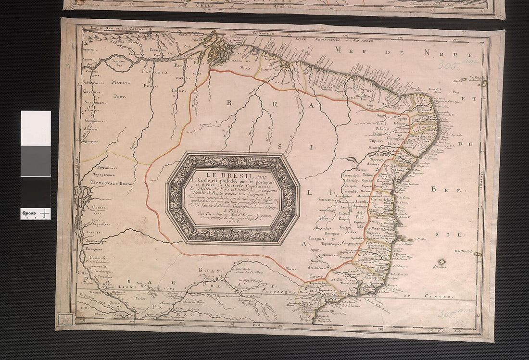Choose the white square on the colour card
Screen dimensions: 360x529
point(36,128)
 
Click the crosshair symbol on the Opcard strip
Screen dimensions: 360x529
point(45,212)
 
